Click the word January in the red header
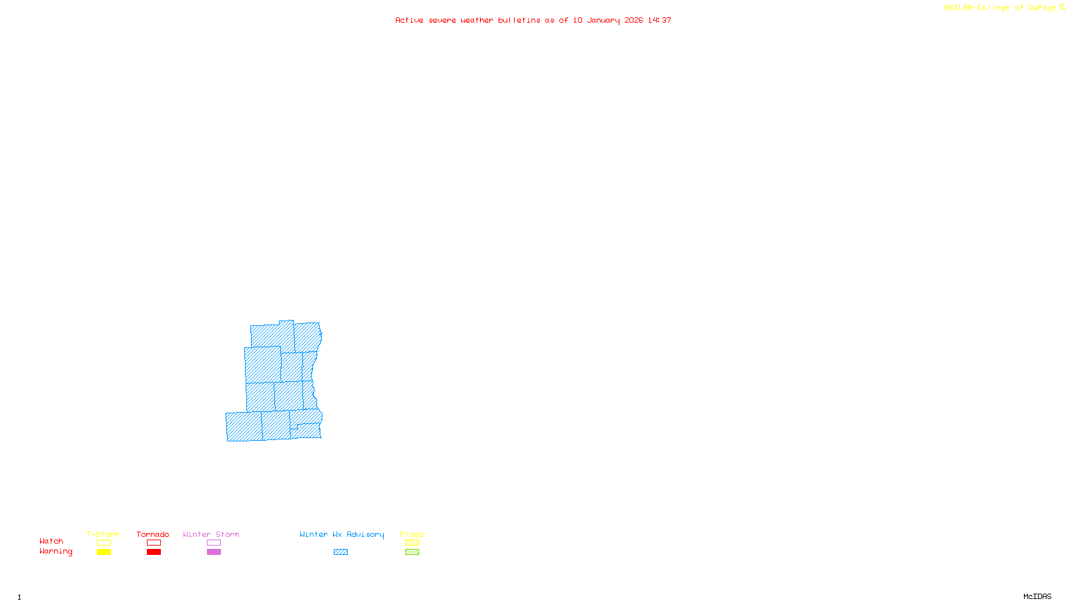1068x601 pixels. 603,20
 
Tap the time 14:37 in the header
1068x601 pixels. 659,20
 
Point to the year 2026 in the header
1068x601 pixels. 633,20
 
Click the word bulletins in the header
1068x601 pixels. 519,20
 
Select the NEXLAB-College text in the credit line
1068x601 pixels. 977,8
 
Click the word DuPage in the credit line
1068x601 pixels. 1042,8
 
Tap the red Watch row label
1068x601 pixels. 51,541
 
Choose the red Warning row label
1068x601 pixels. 55,552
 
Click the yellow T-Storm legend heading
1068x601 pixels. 103,534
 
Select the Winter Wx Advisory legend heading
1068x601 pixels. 342,534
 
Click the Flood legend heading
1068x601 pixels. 412,534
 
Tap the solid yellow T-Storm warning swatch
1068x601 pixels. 103,552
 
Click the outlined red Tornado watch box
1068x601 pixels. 154,543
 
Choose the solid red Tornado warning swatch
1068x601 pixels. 154,552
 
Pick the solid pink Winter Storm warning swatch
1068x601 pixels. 214,552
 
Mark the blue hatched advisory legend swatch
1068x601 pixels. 340,552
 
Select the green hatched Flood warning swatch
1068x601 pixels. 412,552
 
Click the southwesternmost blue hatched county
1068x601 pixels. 244,427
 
